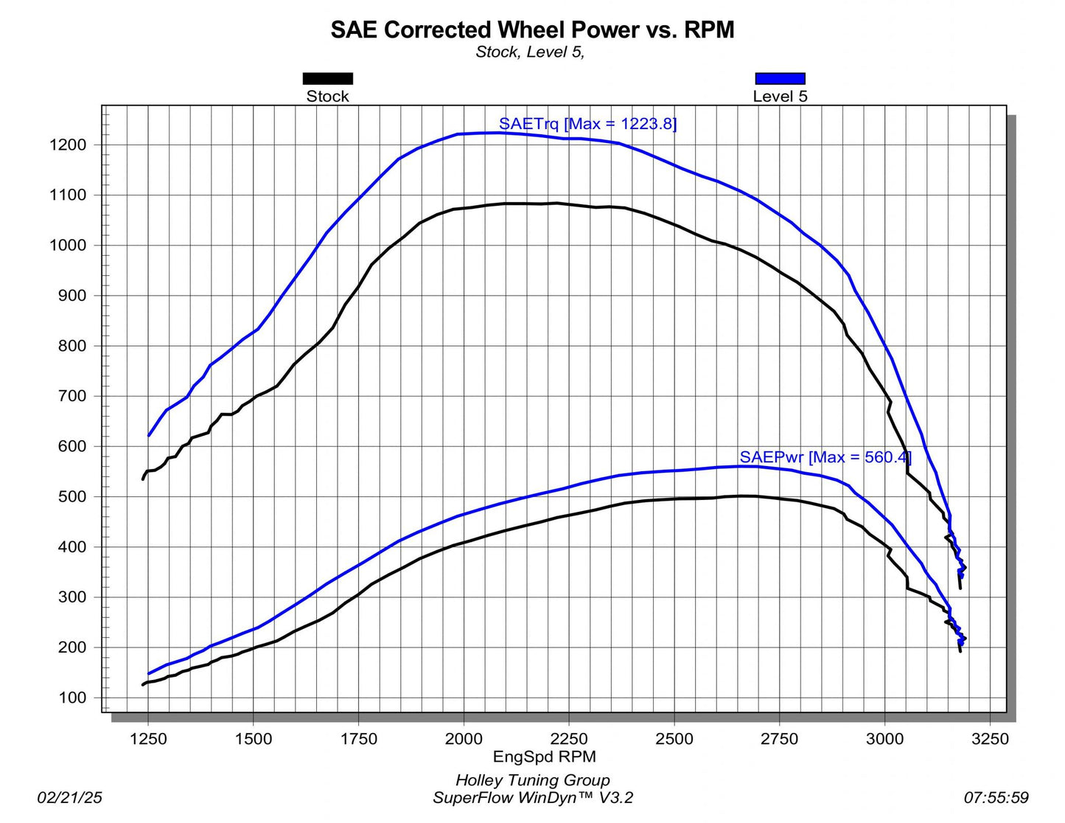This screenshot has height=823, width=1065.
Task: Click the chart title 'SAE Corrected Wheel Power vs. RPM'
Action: tap(532, 29)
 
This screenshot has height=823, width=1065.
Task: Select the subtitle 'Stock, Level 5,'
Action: tap(530, 52)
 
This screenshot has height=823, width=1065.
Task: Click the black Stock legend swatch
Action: tap(328, 78)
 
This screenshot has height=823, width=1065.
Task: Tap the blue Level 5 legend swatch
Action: tap(780, 78)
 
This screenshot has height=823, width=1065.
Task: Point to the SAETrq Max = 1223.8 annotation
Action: tap(587, 124)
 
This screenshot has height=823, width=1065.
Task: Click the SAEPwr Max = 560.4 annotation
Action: tap(825, 457)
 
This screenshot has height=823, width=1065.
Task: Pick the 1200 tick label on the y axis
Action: tap(68, 145)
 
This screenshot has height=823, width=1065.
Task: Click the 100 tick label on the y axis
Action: tap(72, 698)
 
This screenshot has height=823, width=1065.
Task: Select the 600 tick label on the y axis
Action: tap(72, 447)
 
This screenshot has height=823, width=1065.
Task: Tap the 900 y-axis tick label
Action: tap(72, 296)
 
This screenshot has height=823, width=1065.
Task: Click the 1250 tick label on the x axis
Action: tap(148, 739)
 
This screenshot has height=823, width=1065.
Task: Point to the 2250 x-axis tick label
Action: tap(569, 739)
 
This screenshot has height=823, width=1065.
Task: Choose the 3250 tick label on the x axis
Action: tap(990, 739)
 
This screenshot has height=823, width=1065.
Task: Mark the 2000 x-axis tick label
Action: tap(464, 739)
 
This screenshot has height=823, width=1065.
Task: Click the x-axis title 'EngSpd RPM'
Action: tap(544, 757)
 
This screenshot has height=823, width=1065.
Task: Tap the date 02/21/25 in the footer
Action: tap(70, 797)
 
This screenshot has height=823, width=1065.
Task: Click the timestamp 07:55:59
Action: tap(996, 797)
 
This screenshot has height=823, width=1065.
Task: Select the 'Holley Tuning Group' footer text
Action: tap(532, 780)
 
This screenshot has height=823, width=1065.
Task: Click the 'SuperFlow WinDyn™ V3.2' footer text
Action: tap(532, 797)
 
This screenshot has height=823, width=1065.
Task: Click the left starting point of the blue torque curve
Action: tap(149, 436)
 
